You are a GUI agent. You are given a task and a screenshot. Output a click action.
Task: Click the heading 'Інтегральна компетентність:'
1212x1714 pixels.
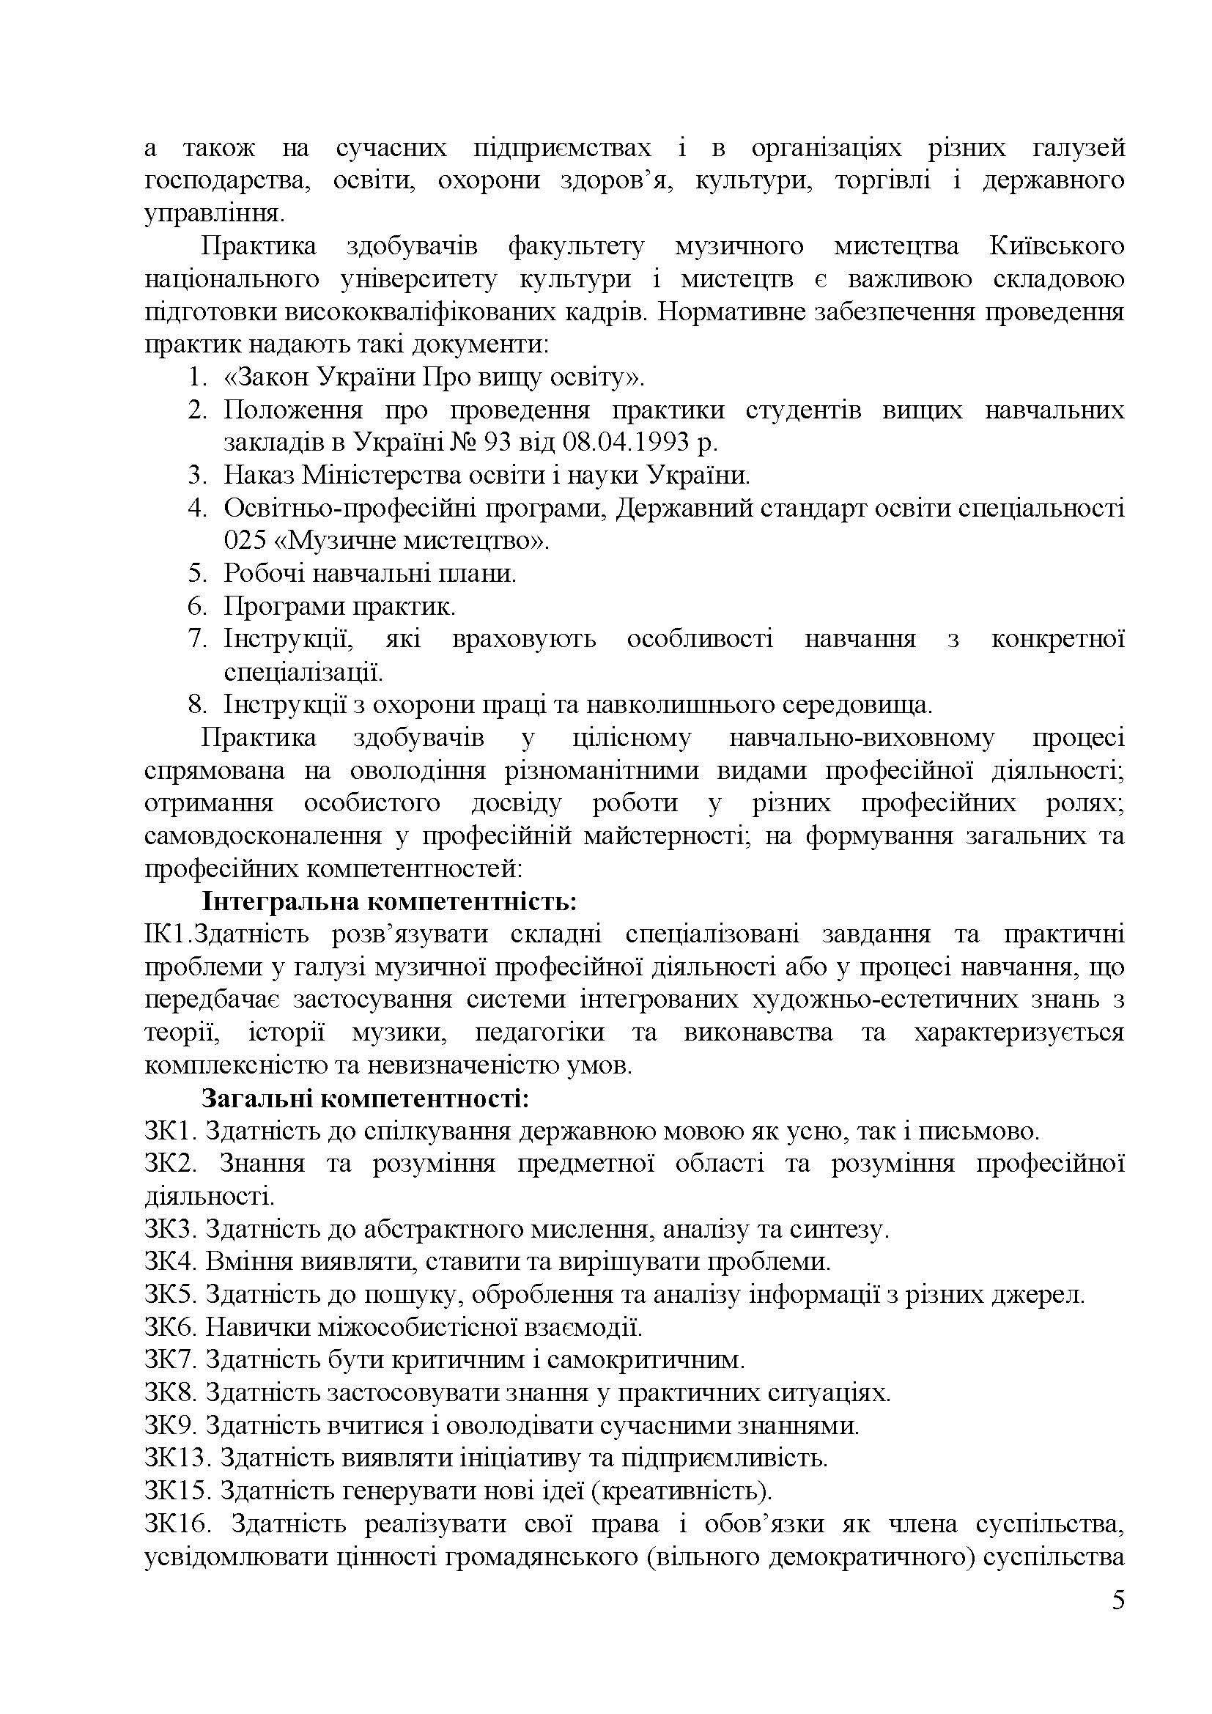(x=389, y=902)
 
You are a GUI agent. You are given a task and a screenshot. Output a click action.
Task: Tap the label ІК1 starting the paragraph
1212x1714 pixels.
(x=168, y=934)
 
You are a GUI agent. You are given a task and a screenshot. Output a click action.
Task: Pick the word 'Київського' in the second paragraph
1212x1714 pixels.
(x=1057, y=246)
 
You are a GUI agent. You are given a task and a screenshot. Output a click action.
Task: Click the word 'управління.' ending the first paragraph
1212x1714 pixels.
(x=215, y=214)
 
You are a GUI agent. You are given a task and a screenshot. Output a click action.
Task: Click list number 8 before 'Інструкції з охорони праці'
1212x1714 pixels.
(x=196, y=706)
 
